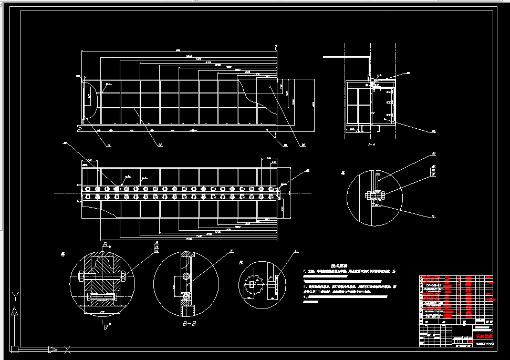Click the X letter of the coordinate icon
tap(67, 348)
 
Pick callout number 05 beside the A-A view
tap(433, 130)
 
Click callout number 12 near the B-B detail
tap(232, 252)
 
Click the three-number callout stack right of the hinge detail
tap(434, 171)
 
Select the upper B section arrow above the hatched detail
tap(105, 245)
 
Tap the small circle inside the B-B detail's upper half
tap(185, 276)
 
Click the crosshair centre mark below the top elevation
tap(193, 129)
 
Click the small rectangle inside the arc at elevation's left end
tap(89, 97)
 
